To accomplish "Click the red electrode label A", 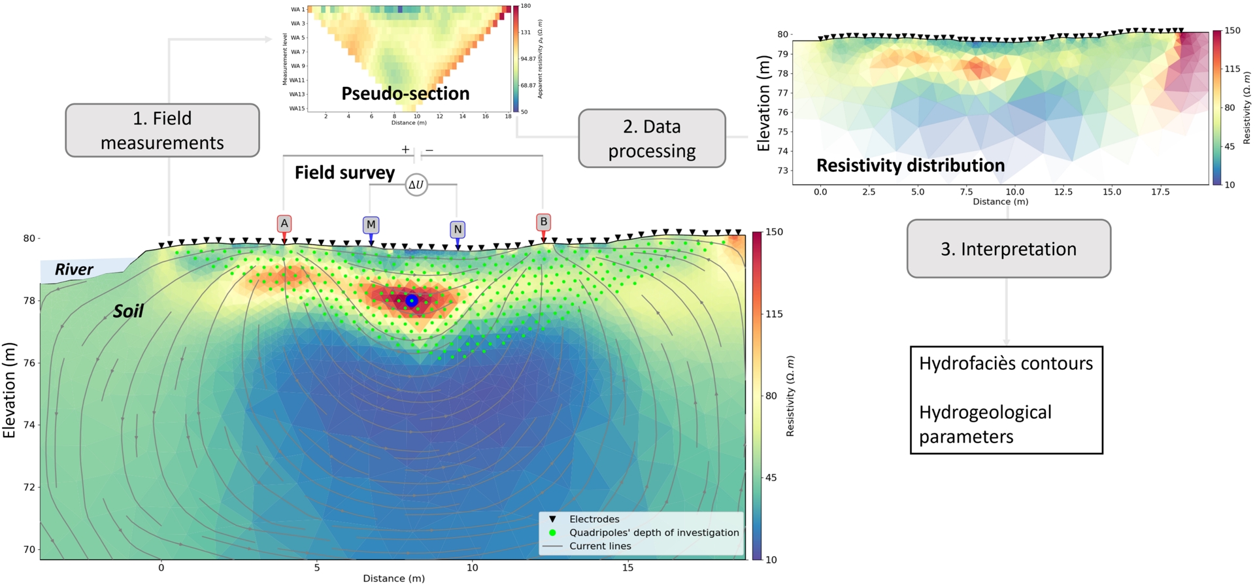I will coord(284,224).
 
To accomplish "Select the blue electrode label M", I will coord(371,225).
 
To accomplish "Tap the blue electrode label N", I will coord(458,229).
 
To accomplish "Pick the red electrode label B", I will coord(543,222).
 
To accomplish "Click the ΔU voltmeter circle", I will coord(416,185).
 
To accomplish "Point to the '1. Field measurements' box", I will coord(162,130).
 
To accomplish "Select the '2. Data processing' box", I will coord(652,139).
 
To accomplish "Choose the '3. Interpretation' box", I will coord(1008,249).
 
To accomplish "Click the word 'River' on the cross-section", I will coord(74,269).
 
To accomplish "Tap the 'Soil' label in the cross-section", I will coord(128,311).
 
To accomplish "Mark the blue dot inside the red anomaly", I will coord(411,301).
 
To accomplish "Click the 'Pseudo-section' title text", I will coord(405,93).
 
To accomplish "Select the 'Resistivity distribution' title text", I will coord(910,165).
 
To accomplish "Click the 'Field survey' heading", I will coord(344,173).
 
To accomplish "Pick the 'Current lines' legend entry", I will coord(600,546).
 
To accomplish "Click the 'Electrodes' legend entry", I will coord(594,520).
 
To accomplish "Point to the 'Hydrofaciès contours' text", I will coord(1005,363).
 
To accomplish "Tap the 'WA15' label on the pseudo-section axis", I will coord(297,109).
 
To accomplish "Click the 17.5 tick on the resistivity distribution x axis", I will coord(1160,192).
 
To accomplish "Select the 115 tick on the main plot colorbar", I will coord(774,314).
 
